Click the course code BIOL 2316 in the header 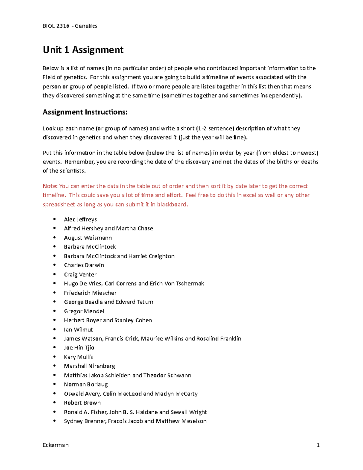point(56,26)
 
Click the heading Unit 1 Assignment point(83,50)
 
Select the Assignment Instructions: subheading point(85,112)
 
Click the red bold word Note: point(50,186)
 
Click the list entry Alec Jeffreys point(80,219)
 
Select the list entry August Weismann point(88,238)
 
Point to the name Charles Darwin point(84,265)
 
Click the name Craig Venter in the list point(80,274)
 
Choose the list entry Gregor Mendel point(84,311)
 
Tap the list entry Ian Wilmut point(78,330)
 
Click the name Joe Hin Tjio point(79,348)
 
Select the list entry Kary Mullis point(78,357)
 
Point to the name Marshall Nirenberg point(89,366)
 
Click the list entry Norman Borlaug point(86,384)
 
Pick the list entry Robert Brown point(82,403)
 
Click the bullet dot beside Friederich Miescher point(54,293)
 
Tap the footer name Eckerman point(56,445)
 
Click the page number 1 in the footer point(318,445)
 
